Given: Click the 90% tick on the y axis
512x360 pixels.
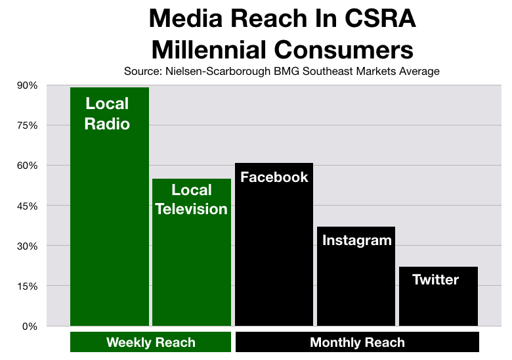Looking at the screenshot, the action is tap(28, 85).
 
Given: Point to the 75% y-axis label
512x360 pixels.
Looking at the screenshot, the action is tap(28, 125).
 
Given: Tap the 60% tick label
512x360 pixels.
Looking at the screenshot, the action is tap(28, 166).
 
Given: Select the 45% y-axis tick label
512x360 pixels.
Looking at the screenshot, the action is tap(28, 206).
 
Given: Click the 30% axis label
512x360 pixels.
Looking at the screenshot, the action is tap(28, 246).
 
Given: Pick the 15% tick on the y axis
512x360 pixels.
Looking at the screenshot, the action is tap(28, 286).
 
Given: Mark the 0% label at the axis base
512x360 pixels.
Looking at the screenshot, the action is tap(30, 326).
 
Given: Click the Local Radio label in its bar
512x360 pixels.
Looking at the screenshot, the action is tap(107, 114).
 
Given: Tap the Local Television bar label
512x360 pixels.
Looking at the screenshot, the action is tap(192, 199).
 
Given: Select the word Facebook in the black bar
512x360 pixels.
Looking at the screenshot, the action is tap(274, 177).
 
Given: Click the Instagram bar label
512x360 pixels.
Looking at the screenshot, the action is tap(357, 240).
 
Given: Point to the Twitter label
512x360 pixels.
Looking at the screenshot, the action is tap(436, 279).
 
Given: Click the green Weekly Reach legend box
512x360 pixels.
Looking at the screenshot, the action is tap(150, 342).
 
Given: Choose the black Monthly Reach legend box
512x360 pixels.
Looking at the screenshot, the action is tap(357, 342).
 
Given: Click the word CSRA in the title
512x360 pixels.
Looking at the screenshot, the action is tap(380, 18).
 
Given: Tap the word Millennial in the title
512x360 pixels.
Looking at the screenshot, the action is tap(209, 50).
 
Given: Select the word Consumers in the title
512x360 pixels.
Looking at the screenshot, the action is tap(344, 50).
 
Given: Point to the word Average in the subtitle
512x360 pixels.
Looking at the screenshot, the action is tap(419, 71).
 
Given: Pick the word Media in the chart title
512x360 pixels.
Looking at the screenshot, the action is tap(186, 18).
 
